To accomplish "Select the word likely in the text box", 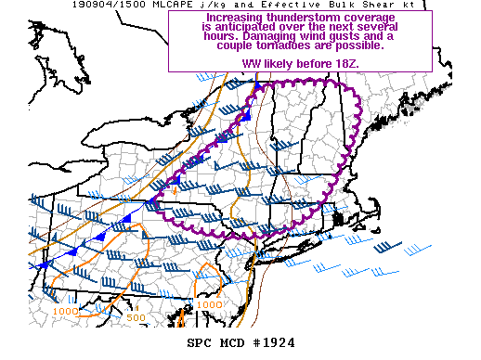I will [x=279, y=64].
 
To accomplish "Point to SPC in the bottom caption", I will [x=201, y=342].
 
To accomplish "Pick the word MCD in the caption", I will [x=234, y=342].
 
